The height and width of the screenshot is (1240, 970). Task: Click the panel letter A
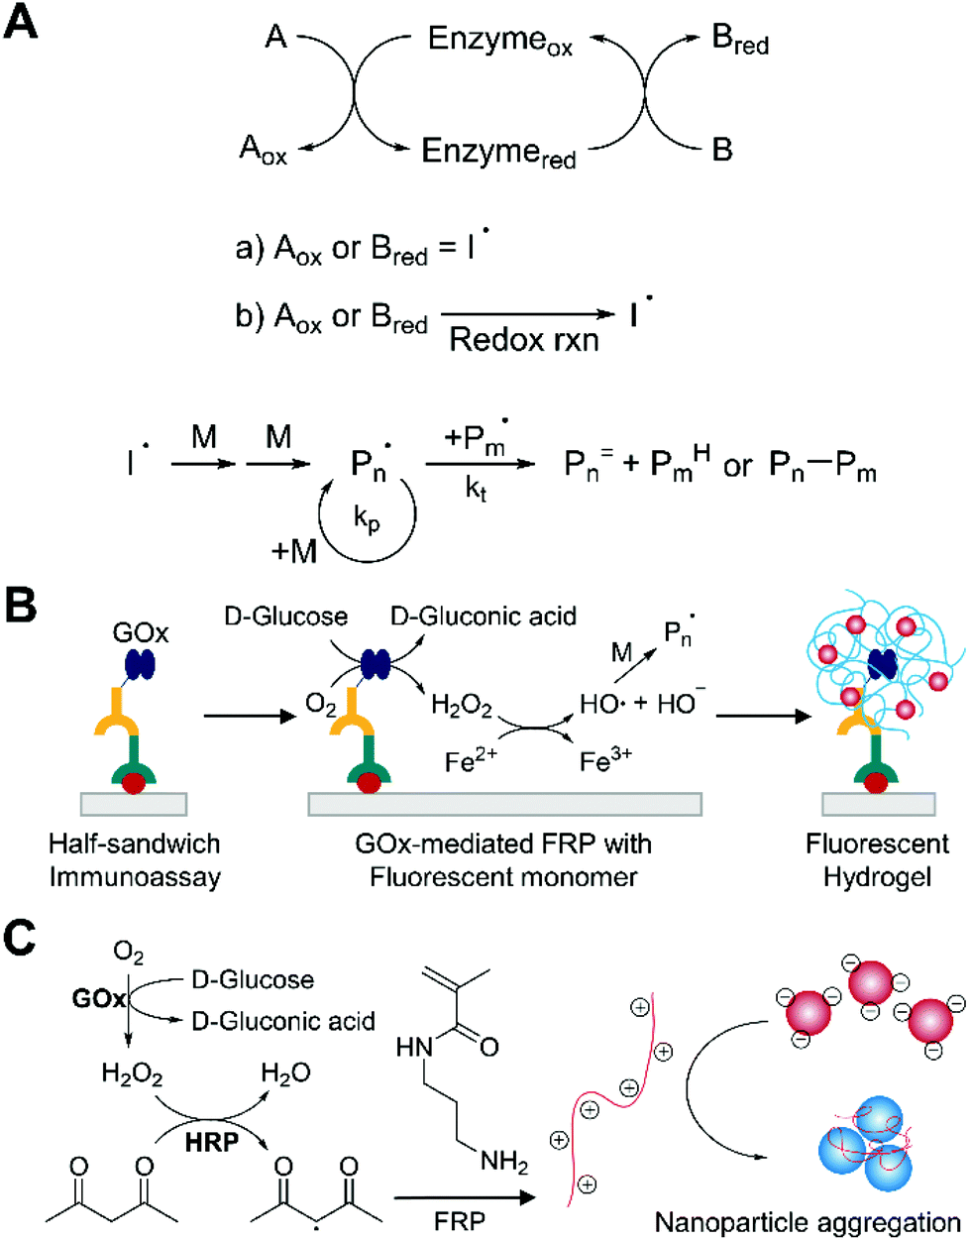[21, 21]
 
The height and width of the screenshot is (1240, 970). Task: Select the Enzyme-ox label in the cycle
[499, 41]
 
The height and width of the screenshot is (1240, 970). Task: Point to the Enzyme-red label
[498, 153]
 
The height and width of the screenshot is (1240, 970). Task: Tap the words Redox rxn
[524, 339]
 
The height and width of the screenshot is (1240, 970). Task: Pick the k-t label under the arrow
[476, 490]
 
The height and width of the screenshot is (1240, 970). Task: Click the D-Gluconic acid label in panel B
[484, 617]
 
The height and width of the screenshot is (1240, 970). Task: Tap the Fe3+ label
[605, 760]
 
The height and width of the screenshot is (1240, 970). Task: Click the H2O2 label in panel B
[461, 705]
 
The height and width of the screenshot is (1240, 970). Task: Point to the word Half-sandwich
[135, 844]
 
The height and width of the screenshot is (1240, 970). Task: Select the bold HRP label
[212, 1142]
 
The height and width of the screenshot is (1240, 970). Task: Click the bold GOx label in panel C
[99, 998]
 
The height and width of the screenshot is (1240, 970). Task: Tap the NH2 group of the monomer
[503, 1162]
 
